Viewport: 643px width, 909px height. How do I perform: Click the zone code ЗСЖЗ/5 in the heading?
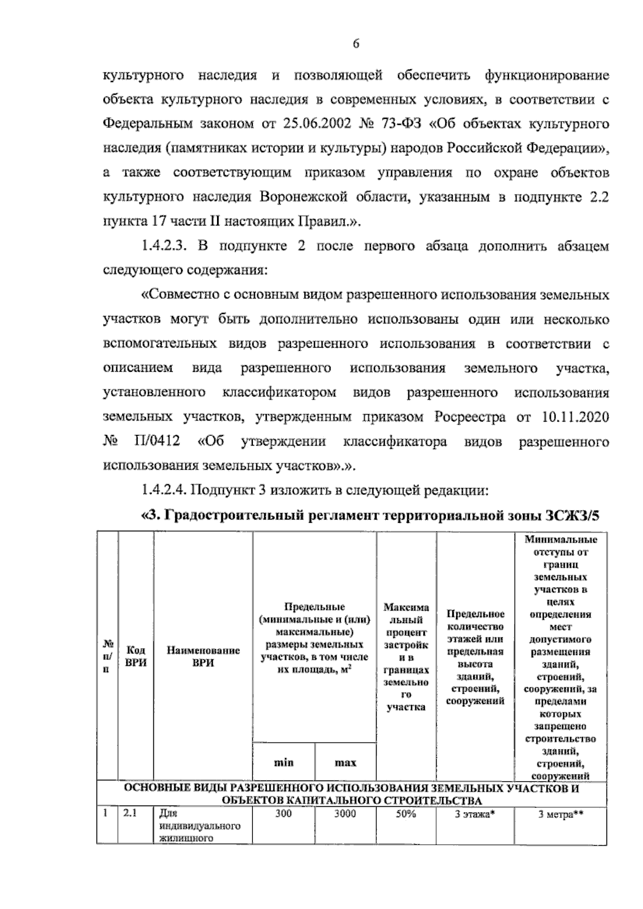(572, 515)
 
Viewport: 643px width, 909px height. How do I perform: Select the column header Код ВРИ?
(136, 656)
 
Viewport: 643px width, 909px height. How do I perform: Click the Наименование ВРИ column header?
(203, 656)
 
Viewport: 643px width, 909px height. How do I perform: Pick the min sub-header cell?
(283, 762)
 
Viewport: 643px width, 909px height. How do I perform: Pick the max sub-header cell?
(346, 762)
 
